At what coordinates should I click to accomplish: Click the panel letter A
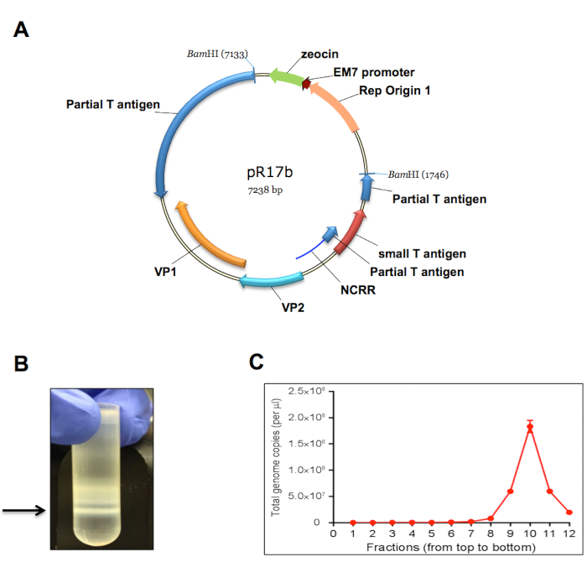coord(22,30)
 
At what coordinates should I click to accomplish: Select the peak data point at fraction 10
coord(530,427)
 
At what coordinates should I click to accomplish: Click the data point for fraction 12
coord(569,512)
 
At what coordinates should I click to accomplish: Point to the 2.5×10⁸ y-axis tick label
coord(310,391)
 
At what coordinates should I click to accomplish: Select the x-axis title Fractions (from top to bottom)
coord(452,547)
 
